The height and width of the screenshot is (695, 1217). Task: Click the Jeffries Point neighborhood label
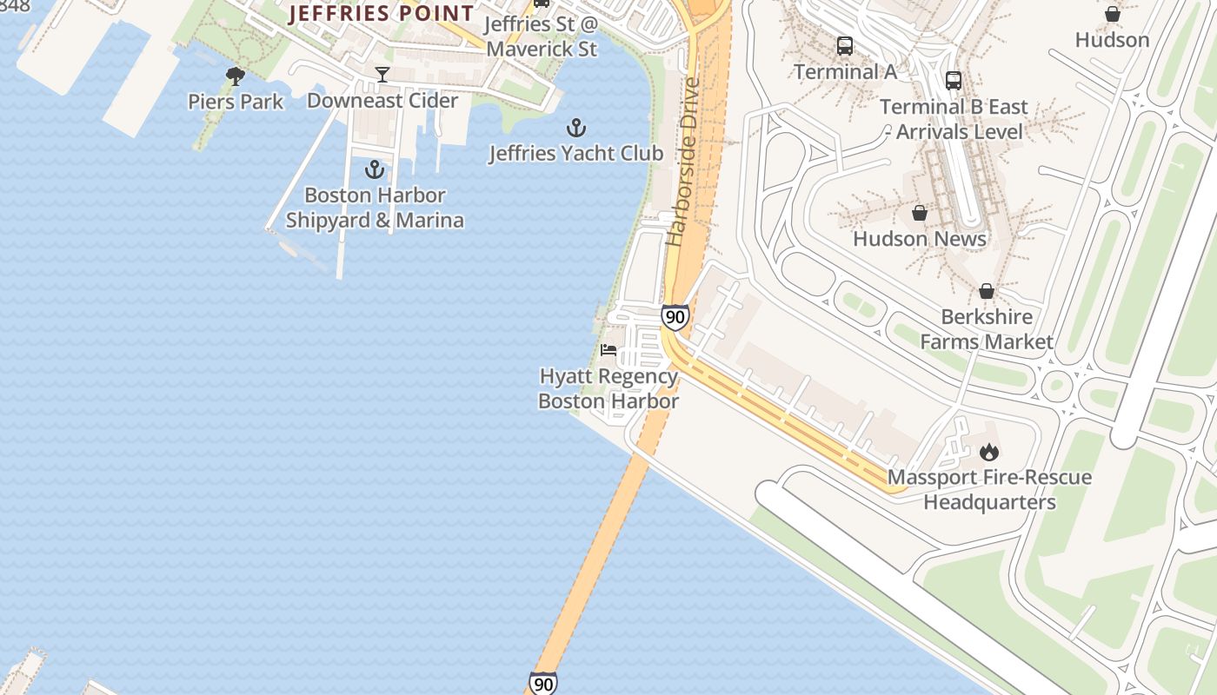point(382,13)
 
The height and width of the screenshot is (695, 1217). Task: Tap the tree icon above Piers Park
point(235,76)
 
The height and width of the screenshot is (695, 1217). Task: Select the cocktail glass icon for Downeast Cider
point(382,75)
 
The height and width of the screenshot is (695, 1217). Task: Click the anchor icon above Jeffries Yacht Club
point(575,129)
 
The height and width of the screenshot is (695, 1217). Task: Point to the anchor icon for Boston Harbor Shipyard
point(375,169)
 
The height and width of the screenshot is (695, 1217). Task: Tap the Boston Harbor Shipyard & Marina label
point(375,208)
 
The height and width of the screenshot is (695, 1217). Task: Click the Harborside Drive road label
point(683,162)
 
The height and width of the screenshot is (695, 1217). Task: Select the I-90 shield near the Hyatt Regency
point(675,317)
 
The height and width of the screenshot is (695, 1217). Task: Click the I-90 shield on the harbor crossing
point(543,684)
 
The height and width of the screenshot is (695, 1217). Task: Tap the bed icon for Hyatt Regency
point(608,350)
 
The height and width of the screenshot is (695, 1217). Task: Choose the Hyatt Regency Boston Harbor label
point(608,388)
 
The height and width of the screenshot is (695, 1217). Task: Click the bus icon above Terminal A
point(844,46)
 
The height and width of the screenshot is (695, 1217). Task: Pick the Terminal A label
point(845,72)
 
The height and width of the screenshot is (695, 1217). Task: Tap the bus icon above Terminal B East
point(954,81)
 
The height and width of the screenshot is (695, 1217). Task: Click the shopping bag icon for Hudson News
point(919,213)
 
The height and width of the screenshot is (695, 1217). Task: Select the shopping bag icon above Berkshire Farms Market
point(987,291)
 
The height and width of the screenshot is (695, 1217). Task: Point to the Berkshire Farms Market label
point(987,329)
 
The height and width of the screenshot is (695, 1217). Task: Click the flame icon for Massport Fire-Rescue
point(989,452)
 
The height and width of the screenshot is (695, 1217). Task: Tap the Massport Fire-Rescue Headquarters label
point(989,490)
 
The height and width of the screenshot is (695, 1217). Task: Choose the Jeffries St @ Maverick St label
point(542,36)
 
